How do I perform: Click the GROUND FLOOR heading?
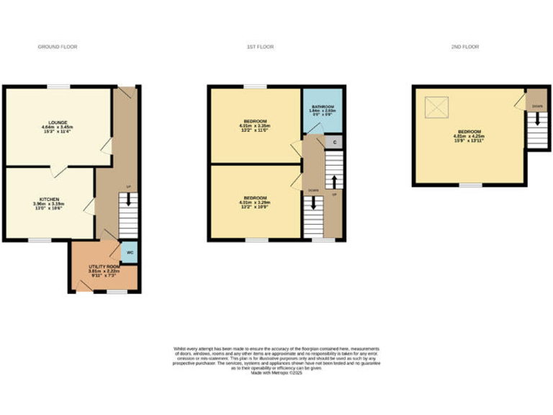[x=58, y=47]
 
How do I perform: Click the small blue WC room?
[x=130, y=253]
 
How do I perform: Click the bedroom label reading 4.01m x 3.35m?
[x=256, y=125]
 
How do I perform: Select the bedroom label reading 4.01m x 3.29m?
[x=256, y=201]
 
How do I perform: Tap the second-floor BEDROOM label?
[x=468, y=136]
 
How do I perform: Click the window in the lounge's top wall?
[x=59, y=86]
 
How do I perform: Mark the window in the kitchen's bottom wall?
[x=40, y=239]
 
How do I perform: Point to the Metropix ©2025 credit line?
[x=276, y=372]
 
